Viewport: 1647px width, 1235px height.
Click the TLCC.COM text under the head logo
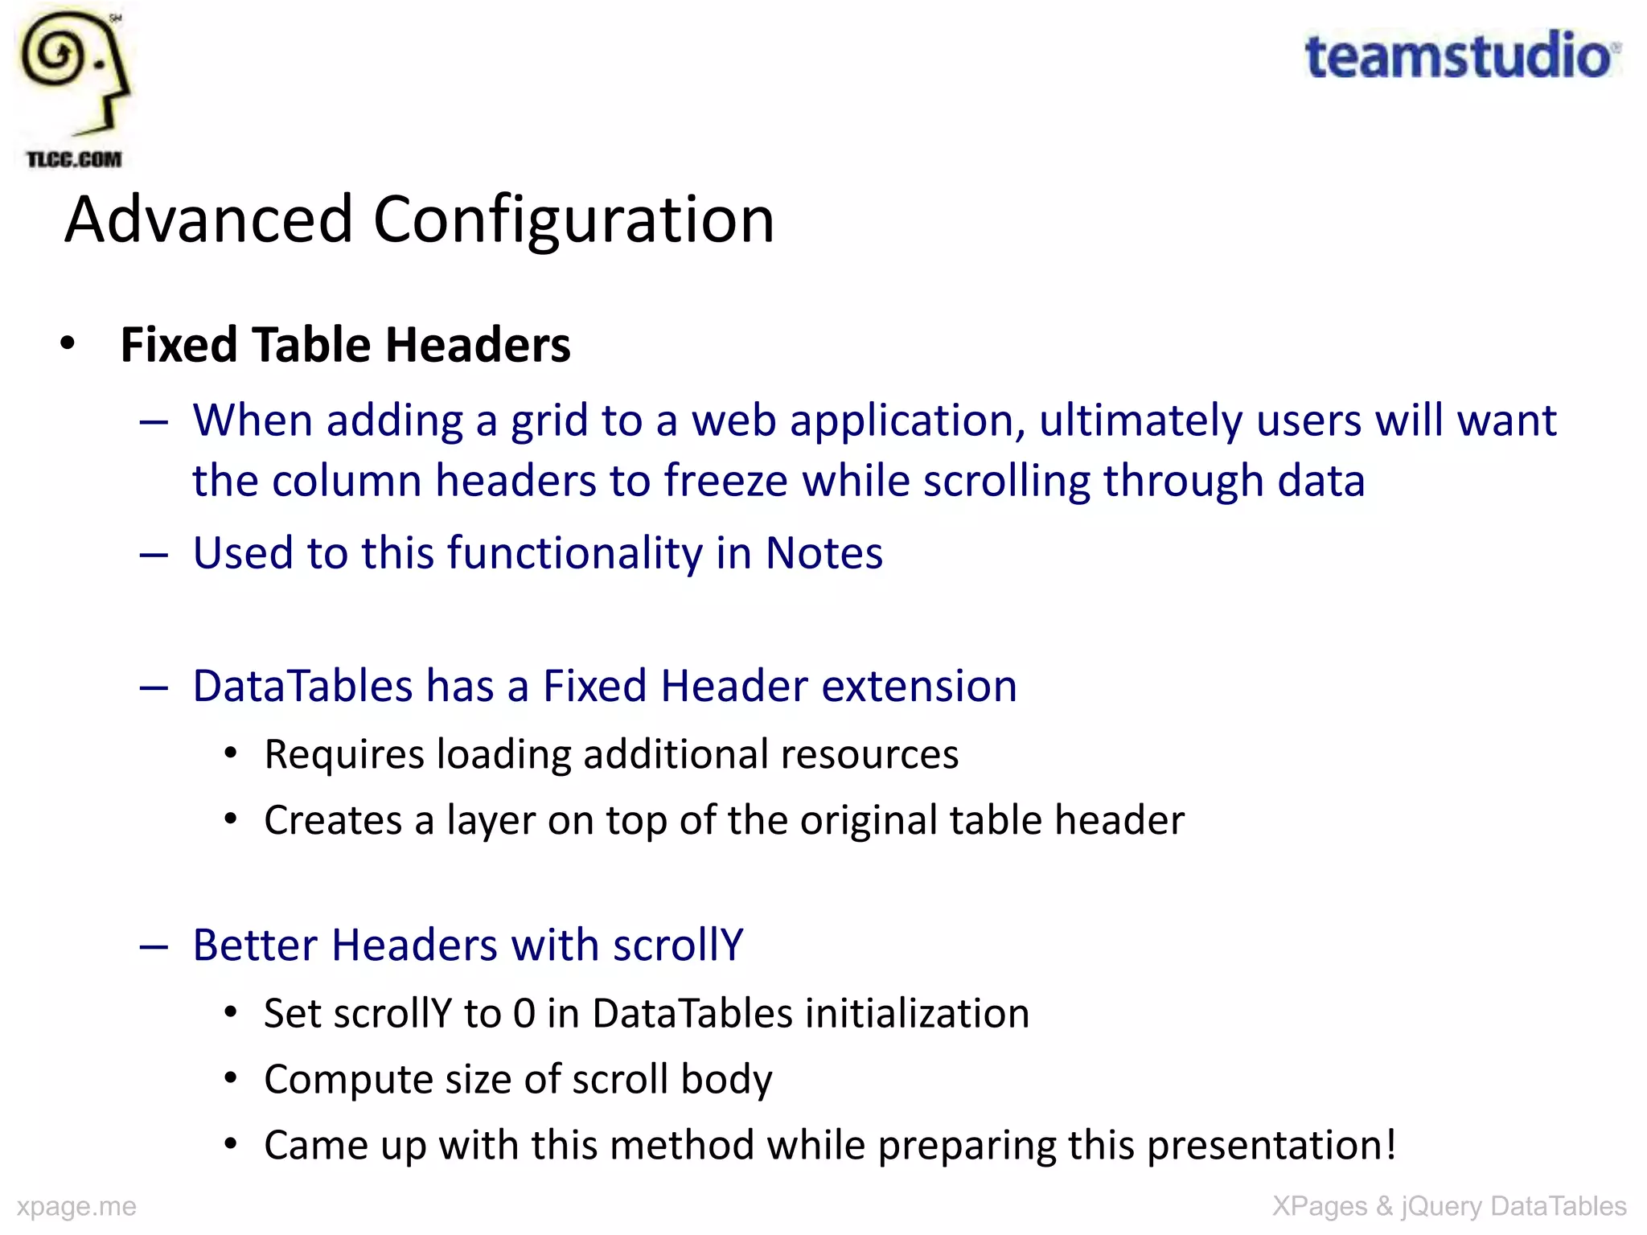click(73, 159)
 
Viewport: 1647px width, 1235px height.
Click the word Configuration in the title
click(573, 220)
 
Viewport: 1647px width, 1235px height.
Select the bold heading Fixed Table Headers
click(345, 345)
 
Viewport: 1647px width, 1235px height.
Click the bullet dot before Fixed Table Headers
click(68, 344)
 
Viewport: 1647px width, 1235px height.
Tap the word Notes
click(823, 553)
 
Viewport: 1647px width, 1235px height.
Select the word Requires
click(344, 755)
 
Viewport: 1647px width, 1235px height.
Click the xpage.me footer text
click(76, 1206)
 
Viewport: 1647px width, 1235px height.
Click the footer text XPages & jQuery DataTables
click(1449, 1206)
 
